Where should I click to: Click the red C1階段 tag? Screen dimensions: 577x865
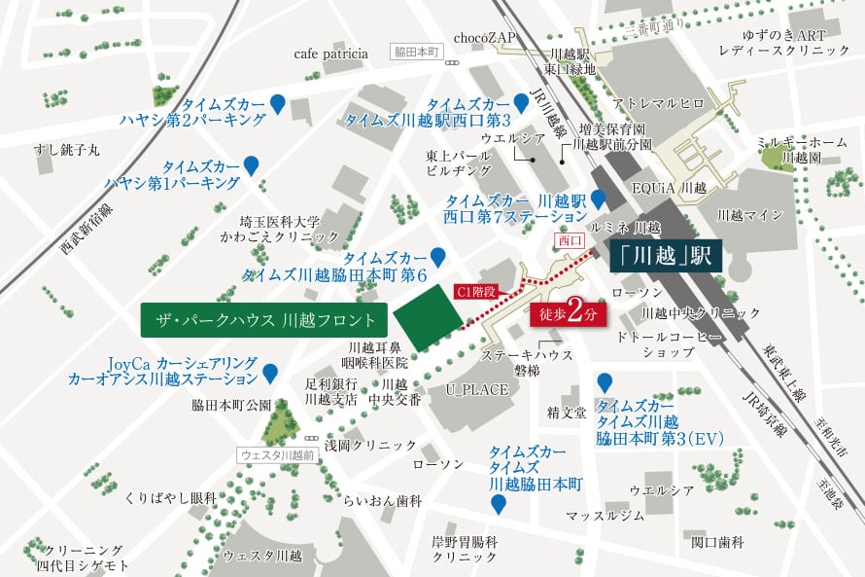476,291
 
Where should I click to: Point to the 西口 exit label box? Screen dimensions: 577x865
571,238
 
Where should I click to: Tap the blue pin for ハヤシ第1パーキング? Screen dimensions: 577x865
251,165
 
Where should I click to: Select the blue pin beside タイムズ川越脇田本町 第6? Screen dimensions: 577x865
437,257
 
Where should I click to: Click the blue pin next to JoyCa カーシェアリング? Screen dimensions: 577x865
270,372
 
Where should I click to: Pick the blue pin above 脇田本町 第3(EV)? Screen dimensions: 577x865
605,382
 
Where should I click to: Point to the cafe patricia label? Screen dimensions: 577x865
331,54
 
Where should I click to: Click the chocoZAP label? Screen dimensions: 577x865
485,38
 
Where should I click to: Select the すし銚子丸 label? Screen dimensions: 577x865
66,149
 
